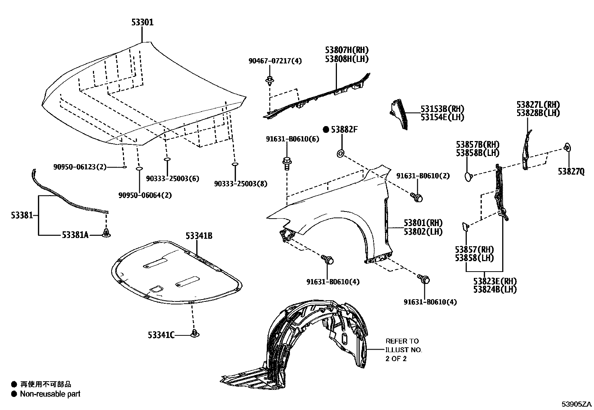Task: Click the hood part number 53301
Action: [x=142, y=22]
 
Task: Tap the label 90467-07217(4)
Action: [x=275, y=60]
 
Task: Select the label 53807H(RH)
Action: [x=346, y=50]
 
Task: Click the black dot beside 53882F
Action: [x=326, y=129]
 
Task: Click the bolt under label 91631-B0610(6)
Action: [x=287, y=163]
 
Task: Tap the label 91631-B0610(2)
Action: [x=422, y=176]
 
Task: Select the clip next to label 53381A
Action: [x=107, y=234]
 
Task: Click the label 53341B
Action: [x=199, y=236]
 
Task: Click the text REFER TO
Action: [x=402, y=341]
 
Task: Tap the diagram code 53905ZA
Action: [x=577, y=404]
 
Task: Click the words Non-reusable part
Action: [x=50, y=394]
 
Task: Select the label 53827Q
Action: [x=571, y=171]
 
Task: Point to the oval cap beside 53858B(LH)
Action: [x=469, y=176]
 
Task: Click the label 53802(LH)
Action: [x=423, y=231]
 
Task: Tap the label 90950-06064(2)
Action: [x=145, y=195]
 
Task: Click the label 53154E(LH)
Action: [x=442, y=117]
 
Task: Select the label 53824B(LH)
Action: [x=495, y=289]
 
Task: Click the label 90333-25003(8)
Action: [x=240, y=184]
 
